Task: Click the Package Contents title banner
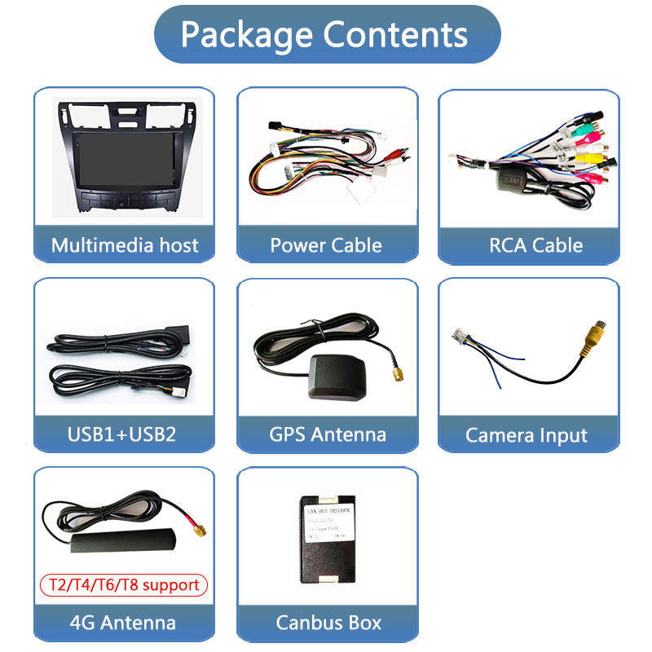point(326,34)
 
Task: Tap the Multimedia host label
point(124,245)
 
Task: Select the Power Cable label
point(326,245)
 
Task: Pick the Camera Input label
point(526,435)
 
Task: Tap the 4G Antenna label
point(123,623)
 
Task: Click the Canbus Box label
point(328,623)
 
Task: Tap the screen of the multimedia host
point(123,155)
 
